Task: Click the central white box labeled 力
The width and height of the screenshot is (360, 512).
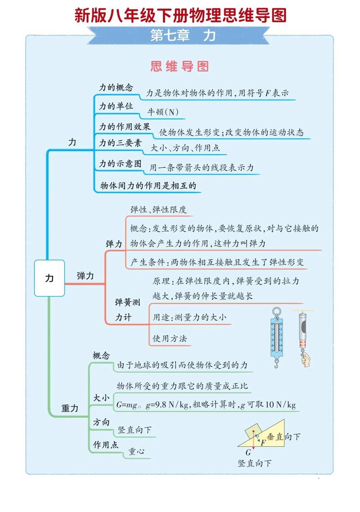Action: [49, 278]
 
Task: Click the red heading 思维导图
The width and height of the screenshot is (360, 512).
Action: [180, 67]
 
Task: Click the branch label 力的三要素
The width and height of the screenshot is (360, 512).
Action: [120, 144]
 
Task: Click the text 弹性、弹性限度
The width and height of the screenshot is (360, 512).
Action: [158, 209]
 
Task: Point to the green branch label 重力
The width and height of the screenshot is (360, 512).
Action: [70, 409]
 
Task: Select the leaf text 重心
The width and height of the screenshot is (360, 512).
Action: [136, 451]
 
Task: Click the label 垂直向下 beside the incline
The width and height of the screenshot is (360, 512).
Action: [283, 437]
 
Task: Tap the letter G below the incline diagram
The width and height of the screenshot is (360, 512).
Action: [248, 453]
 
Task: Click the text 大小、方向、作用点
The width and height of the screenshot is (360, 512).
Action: [185, 148]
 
